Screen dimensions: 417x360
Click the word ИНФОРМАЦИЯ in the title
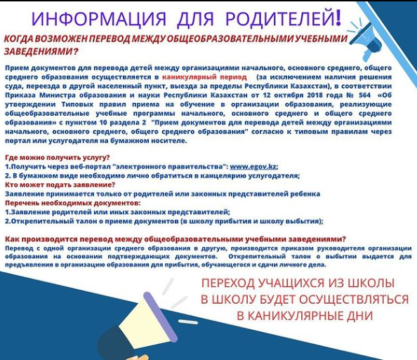[x=99, y=19]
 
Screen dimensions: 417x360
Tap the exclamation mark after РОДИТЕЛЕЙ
[x=338, y=18]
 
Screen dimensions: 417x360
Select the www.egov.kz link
[x=253, y=167]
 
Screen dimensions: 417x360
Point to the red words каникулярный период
[x=204, y=77]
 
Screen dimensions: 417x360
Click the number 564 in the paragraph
[x=364, y=95]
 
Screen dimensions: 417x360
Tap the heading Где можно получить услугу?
[x=58, y=157]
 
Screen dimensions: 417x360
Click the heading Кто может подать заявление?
[x=60, y=185]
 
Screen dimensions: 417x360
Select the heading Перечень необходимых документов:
[x=73, y=203]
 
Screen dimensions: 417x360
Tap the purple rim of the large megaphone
[x=160, y=316]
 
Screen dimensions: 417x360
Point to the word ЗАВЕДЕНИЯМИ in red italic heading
[x=39, y=51]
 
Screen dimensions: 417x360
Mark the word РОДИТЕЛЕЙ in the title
[x=280, y=19]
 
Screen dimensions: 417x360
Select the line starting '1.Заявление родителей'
[x=117, y=212]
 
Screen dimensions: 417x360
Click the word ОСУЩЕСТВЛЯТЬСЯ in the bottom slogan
[x=354, y=300]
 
